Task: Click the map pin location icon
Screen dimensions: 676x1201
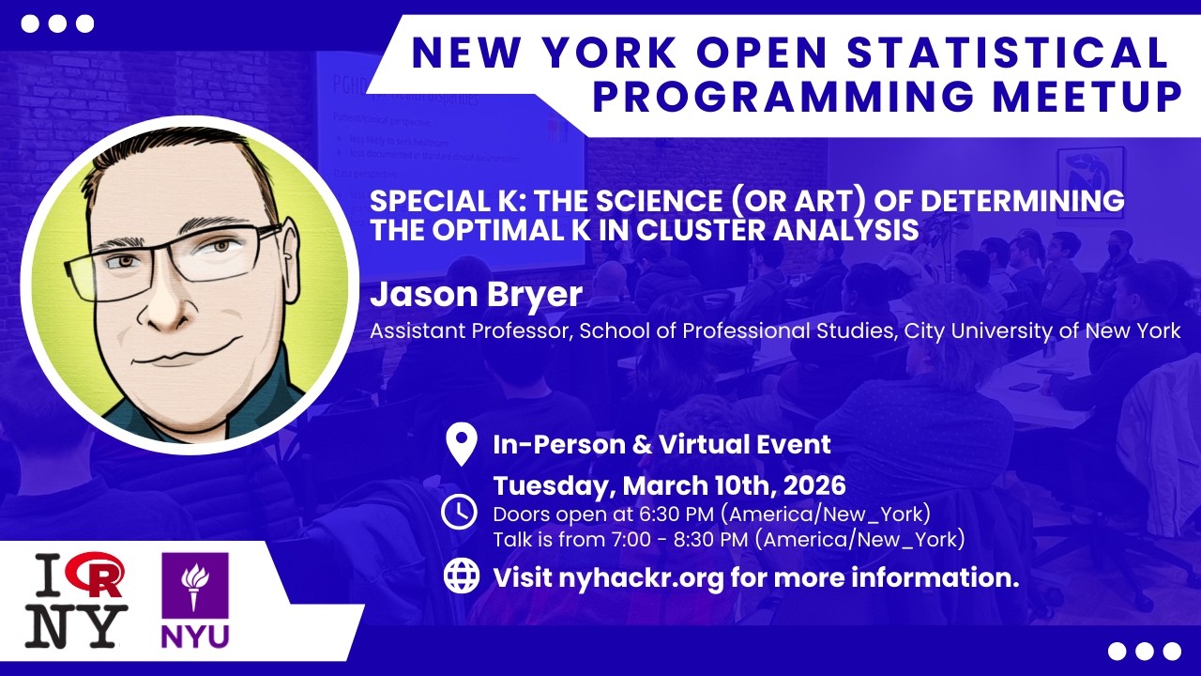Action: click(x=460, y=445)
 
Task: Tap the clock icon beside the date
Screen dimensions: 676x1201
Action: click(x=460, y=512)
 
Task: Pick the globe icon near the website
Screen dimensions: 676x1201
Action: click(x=461, y=576)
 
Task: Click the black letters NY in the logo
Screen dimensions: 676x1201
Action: click(x=75, y=624)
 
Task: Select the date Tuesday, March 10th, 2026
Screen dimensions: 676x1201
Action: click(x=669, y=485)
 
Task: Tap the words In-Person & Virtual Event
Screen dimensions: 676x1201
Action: click(x=661, y=444)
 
